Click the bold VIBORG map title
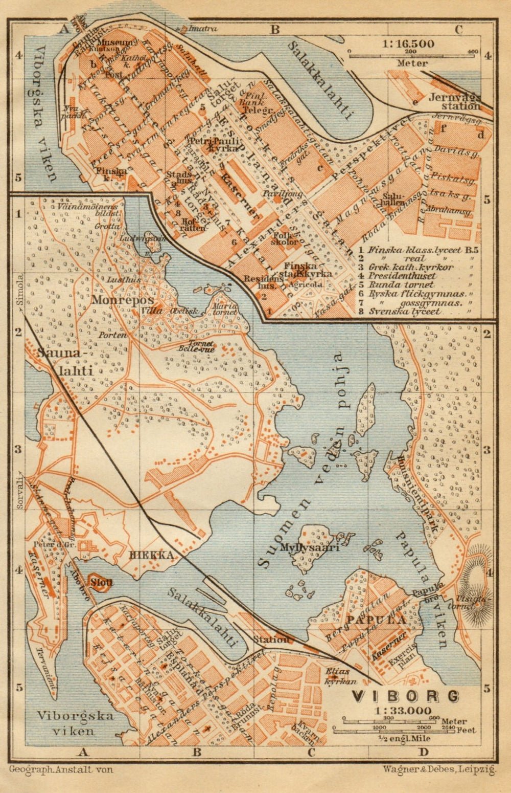[x=405, y=696]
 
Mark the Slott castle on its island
[x=101, y=582]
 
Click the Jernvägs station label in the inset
[x=455, y=101]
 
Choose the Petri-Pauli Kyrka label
[x=214, y=144]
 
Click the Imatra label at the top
[x=203, y=29]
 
